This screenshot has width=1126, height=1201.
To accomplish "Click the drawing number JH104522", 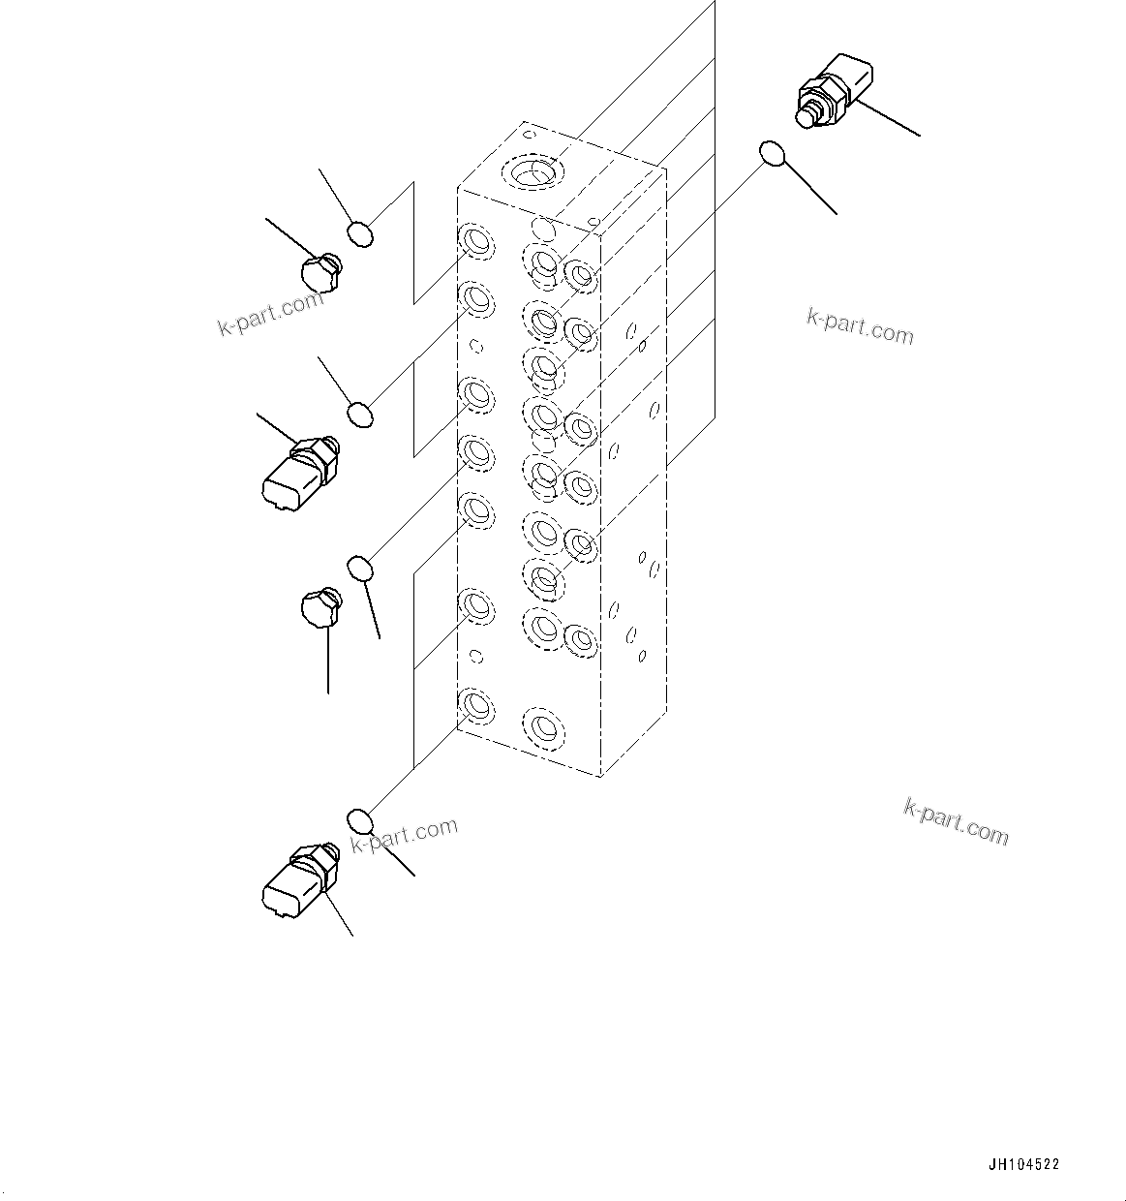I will pos(1023,1165).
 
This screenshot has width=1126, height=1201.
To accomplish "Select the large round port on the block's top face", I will pos(531,171).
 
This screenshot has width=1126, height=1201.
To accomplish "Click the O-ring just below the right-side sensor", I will pos(772,153).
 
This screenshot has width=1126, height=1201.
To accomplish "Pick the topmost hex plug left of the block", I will pos(320,271).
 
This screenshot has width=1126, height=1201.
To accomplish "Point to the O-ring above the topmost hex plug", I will pos(360,234).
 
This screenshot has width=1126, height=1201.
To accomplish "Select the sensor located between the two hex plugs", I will pos(298,472).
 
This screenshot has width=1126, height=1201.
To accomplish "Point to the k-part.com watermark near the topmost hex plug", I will pos(270,313).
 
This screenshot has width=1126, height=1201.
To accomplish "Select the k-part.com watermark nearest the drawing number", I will pos(956,821).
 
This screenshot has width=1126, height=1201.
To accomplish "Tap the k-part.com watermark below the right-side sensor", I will pos(860,325).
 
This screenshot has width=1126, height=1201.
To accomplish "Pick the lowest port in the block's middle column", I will pos(542,726).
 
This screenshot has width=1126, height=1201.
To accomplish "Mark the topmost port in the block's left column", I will pos(476,240).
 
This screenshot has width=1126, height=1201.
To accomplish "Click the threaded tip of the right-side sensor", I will pos(805,116).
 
